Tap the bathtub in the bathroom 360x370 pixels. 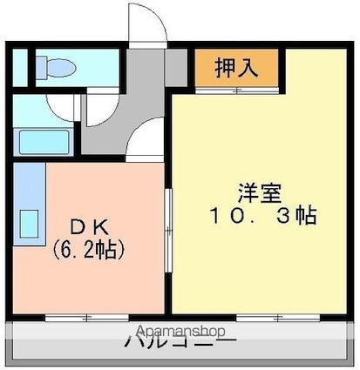[46, 140]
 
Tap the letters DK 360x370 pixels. [87, 227]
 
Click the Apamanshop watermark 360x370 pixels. [180, 331]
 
